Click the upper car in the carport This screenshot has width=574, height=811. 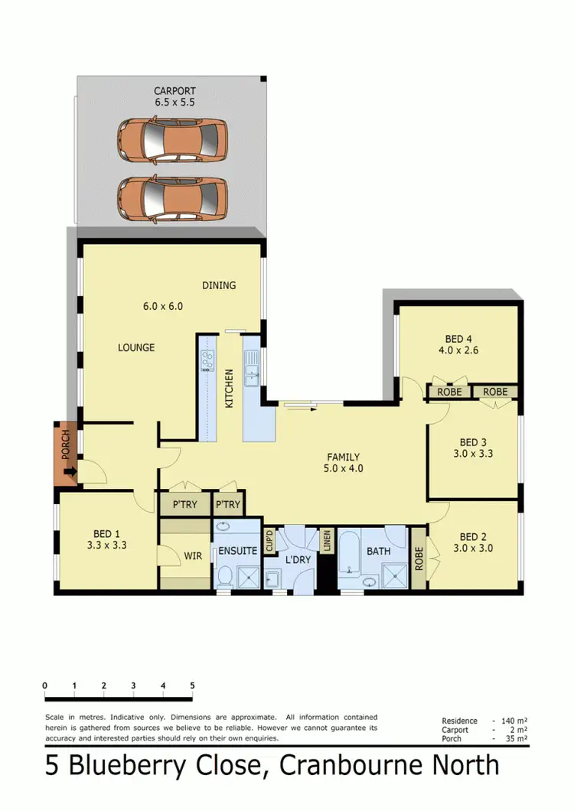pos(171,140)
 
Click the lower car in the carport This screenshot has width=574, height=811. pos(171,197)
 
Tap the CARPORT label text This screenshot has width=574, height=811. pos(169,91)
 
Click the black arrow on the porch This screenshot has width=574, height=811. pos(70,473)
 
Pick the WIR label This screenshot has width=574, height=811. pos(194,556)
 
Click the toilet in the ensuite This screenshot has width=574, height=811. pos(225,576)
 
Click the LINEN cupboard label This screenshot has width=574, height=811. pos(328,539)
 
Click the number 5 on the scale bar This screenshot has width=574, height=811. pos(192,686)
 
